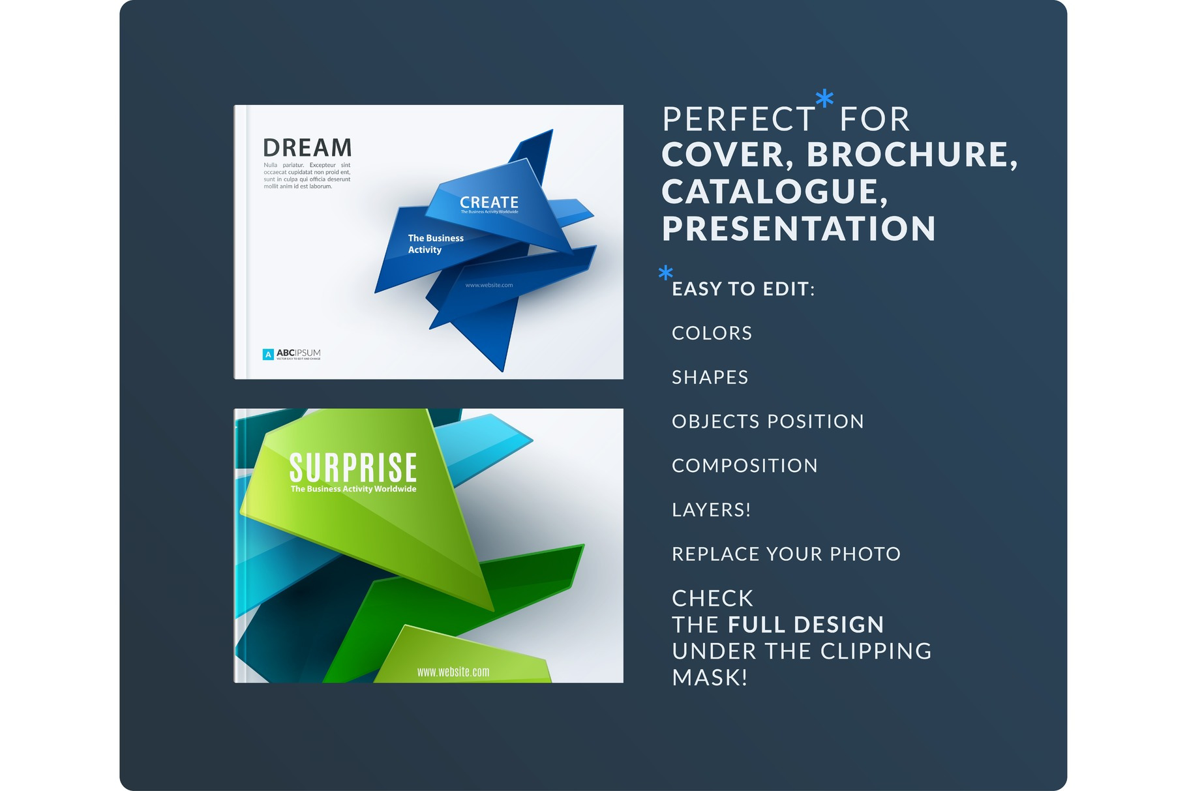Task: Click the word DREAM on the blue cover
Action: (307, 148)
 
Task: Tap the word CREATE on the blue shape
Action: (489, 202)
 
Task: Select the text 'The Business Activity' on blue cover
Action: (435, 244)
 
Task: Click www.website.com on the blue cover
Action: (489, 285)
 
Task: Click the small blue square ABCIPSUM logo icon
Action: (268, 354)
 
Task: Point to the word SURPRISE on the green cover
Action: (353, 468)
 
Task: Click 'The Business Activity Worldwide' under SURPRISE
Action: (353, 489)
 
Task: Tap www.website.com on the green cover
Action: (453, 672)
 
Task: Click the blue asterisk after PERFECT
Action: (825, 99)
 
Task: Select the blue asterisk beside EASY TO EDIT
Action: (665, 273)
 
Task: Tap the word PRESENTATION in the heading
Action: (799, 229)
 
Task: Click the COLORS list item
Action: (712, 333)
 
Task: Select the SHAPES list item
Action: (710, 378)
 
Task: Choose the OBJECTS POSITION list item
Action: (768, 422)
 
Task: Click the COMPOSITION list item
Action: (744, 466)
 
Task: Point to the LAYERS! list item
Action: (711, 510)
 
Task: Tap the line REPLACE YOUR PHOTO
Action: (786, 554)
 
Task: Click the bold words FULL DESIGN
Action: (806, 625)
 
